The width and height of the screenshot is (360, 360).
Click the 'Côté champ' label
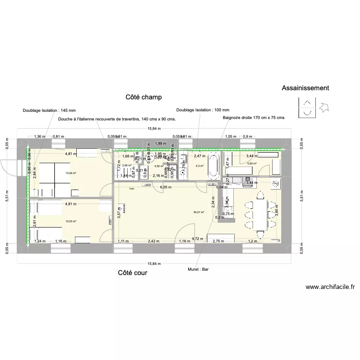pos(144,97)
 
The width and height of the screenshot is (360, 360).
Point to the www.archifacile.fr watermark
pos(330,288)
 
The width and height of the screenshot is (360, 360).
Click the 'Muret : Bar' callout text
pos(199,269)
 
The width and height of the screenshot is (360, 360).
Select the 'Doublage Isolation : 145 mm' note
pos(49,110)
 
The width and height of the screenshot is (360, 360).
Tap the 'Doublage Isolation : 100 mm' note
pos(203,110)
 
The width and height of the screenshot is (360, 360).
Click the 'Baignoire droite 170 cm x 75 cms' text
pos(253,118)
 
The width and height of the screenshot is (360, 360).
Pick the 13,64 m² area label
pos(71,173)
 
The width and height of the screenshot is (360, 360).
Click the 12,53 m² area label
pos(71,221)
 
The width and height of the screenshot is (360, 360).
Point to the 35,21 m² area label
pos(199,212)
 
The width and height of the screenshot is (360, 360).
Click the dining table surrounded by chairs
pos(260,214)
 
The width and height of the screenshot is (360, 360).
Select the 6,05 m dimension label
pos(166,188)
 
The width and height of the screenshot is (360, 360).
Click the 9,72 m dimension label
pos(197,239)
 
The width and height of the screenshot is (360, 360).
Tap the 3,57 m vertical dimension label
pos(119,211)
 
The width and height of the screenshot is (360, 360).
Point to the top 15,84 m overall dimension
pos(154,129)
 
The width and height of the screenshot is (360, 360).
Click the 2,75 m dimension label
pos(218,241)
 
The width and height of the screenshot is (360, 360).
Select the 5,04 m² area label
pos(252,164)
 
